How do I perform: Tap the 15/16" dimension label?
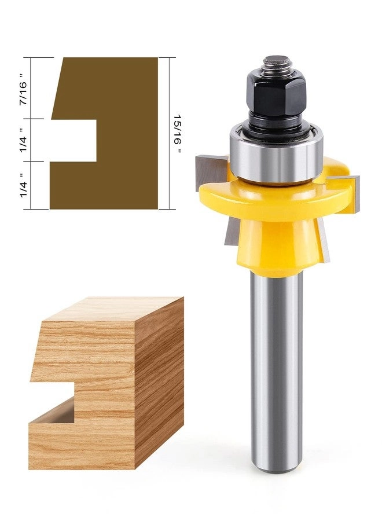point(177,134)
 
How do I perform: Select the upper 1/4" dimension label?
point(24,141)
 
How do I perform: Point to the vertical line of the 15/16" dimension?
point(168,133)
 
